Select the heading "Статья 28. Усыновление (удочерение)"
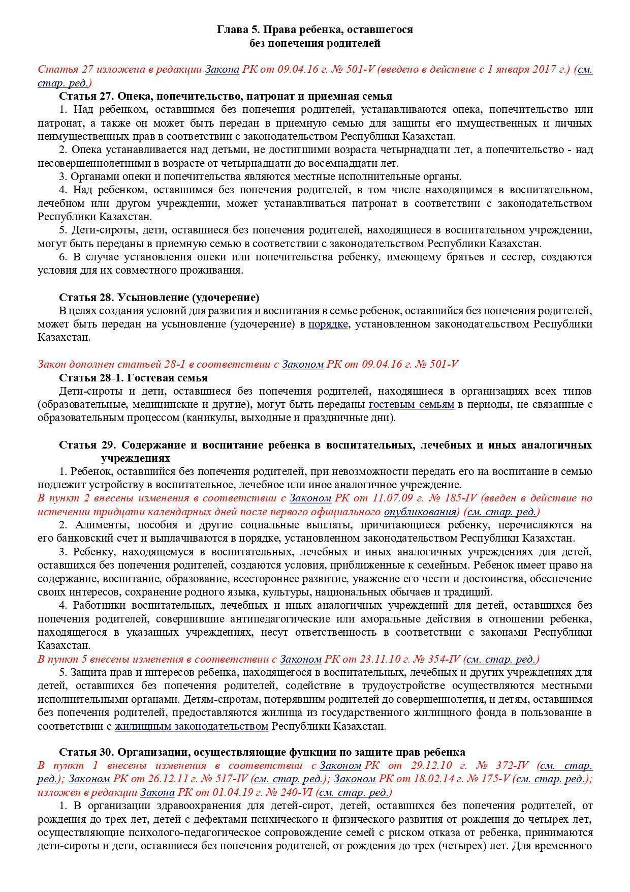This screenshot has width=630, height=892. tap(159, 298)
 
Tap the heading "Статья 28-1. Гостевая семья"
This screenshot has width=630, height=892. tap(133, 378)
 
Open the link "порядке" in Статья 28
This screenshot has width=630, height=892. tap(328, 324)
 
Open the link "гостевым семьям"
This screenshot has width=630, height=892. tap(411, 405)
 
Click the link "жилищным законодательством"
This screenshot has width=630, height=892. tap(191, 726)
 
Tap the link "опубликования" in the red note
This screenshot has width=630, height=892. tap(420, 512)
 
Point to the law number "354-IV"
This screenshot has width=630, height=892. tap(440, 659)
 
